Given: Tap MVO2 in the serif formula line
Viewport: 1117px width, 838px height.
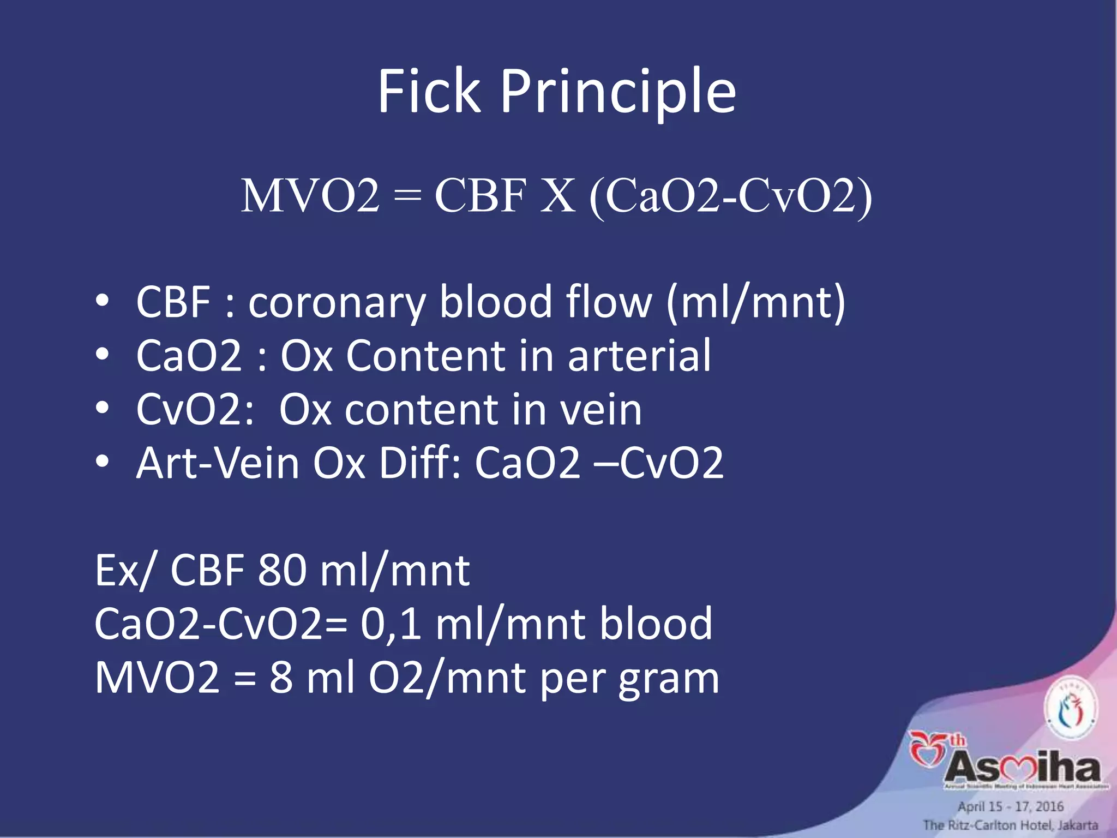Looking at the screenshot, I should (310, 196).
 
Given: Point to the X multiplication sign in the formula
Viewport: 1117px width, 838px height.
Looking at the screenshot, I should (557, 196).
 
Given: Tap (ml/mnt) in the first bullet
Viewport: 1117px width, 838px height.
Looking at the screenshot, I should (756, 302).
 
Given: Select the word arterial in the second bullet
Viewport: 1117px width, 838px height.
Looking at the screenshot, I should (639, 356).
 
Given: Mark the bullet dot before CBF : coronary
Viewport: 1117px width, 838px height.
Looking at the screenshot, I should (103, 302).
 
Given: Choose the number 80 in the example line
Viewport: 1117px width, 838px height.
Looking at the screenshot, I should (282, 571).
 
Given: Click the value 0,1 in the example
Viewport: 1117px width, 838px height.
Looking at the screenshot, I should (391, 624).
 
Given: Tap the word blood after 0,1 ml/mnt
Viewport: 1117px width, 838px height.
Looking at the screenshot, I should (656, 624).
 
